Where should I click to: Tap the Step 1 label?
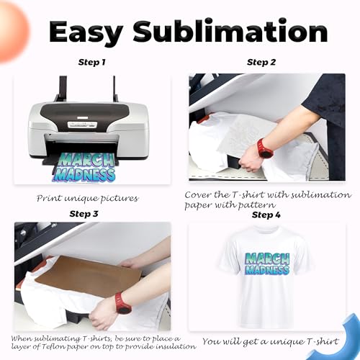[x=91, y=63]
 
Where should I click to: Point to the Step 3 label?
[x=84, y=214]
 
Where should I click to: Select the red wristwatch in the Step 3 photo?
[x=123, y=303]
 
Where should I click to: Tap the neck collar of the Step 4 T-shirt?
[x=266, y=232]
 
